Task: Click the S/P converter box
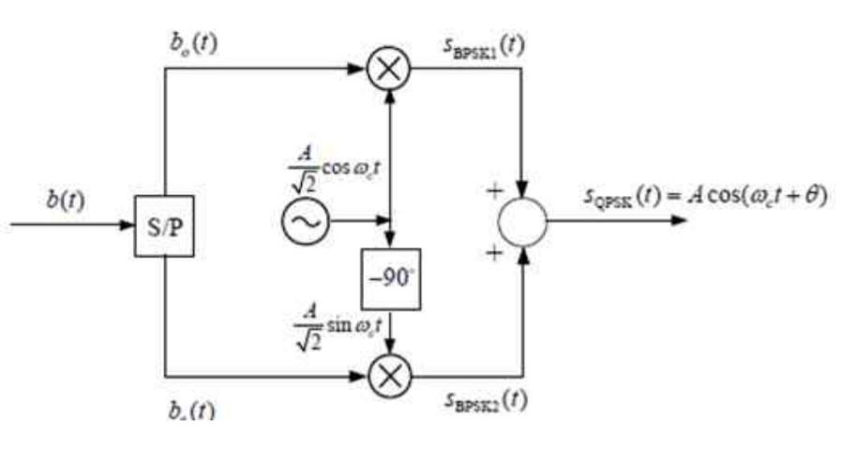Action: pos(165,226)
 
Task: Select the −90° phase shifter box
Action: pos(391,279)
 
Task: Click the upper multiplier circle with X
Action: pos(389,69)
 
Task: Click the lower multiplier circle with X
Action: pos(389,377)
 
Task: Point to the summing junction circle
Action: pos(522,222)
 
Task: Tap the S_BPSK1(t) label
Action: pos(484,45)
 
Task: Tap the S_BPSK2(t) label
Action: pos(484,400)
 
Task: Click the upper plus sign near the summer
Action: pos(489,192)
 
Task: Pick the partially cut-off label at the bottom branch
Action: pos(191,411)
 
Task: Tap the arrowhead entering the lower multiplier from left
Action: pos(358,377)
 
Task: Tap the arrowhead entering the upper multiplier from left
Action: pos(358,69)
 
